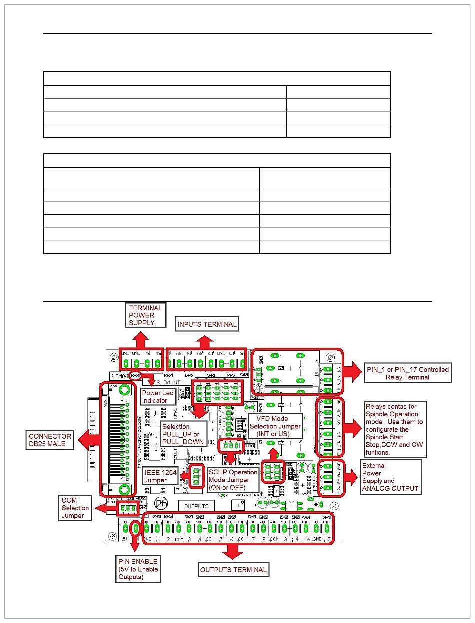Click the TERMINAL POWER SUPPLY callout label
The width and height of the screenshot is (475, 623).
tap(145, 315)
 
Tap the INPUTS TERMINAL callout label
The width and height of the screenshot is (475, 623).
tap(207, 324)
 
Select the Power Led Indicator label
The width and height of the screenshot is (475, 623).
tap(157, 397)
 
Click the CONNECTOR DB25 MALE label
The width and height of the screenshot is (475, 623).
tap(50, 440)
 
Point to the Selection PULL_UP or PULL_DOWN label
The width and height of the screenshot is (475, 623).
tap(183, 434)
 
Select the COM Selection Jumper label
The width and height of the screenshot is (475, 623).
tap(75, 508)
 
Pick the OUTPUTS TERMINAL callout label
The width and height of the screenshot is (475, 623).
tap(233, 569)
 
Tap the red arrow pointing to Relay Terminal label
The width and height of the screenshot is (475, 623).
tap(354, 372)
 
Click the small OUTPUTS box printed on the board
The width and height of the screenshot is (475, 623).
tap(196, 506)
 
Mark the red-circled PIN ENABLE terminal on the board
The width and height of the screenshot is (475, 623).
tap(135, 528)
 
